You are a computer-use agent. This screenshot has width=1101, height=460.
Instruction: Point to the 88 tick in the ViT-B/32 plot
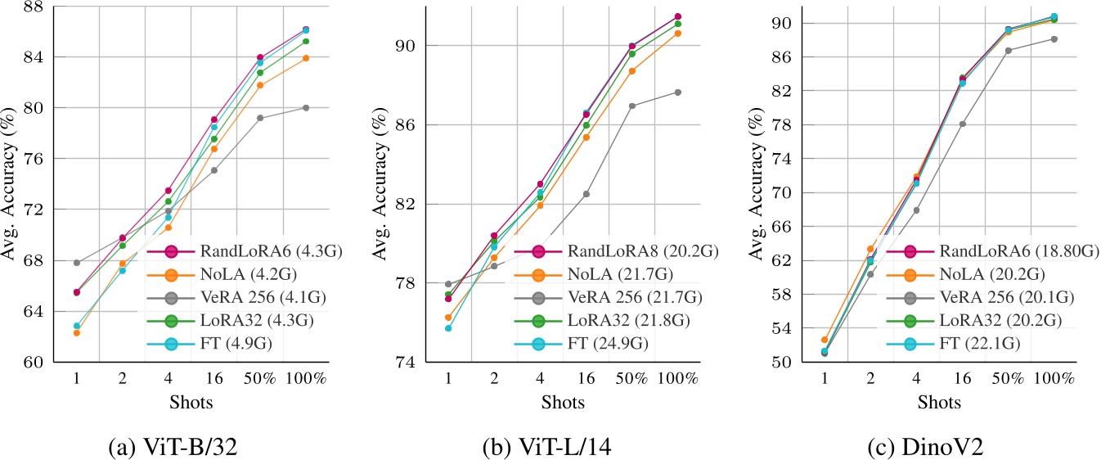tap(34, 7)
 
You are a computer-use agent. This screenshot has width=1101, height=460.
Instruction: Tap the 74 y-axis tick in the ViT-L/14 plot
tap(407, 363)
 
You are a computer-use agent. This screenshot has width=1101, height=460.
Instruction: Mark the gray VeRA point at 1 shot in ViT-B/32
tap(76, 263)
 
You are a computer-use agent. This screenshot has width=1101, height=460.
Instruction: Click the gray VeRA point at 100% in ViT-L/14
tap(678, 92)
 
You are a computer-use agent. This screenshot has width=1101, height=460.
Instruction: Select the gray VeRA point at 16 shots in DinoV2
tap(962, 124)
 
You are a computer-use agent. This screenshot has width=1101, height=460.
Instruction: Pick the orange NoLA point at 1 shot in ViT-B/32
tap(76, 332)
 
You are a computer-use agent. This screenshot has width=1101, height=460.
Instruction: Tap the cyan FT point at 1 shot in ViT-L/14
tap(448, 328)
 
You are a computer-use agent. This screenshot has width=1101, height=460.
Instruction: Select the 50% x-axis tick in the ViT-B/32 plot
tap(260, 380)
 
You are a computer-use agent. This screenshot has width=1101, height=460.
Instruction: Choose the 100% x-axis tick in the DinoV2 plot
tap(1054, 380)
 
